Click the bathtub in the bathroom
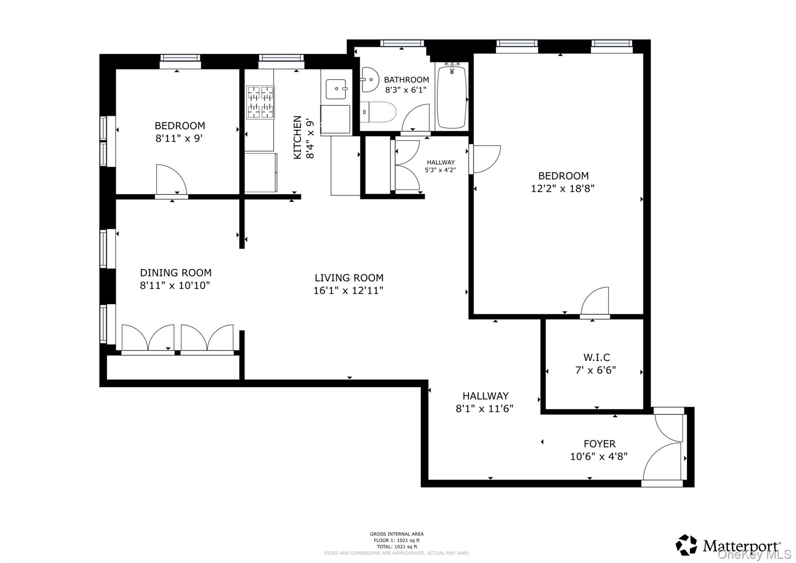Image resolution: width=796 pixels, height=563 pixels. (x=451, y=97)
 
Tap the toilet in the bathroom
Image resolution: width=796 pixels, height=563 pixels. (x=377, y=112)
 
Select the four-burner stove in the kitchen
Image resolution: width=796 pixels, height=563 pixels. (x=260, y=102)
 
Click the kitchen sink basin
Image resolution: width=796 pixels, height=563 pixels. (x=336, y=89)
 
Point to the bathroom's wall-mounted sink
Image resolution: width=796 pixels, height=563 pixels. (x=369, y=79)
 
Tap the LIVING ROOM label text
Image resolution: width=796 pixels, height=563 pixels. (x=349, y=278)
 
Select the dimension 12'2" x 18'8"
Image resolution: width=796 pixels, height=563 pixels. (x=563, y=188)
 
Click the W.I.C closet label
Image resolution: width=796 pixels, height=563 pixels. (x=597, y=357)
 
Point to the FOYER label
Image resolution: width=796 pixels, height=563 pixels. (x=599, y=444)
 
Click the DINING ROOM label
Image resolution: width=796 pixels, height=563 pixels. (x=176, y=273)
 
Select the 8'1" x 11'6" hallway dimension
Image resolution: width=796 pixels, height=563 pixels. (x=485, y=409)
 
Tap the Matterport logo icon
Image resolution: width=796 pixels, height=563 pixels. (x=686, y=545)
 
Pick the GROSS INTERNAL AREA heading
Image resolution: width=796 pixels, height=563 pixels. (x=396, y=534)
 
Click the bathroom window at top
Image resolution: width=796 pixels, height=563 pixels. (x=402, y=43)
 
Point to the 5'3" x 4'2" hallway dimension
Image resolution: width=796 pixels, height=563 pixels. (x=440, y=170)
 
